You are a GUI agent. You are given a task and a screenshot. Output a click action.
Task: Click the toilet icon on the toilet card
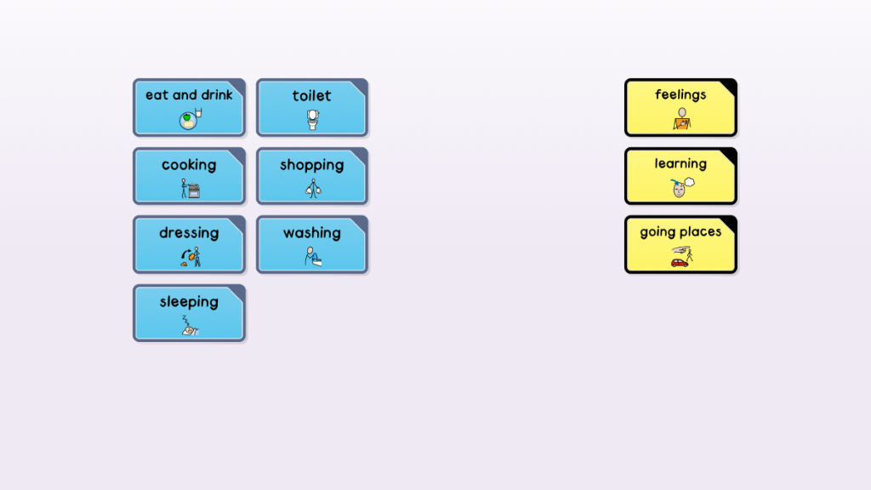click(x=313, y=119)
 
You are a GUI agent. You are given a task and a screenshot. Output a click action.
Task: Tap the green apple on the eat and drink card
click(x=187, y=117)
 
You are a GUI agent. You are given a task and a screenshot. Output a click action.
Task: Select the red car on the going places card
click(x=680, y=262)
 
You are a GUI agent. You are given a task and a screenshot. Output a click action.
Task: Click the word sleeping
click(x=189, y=302)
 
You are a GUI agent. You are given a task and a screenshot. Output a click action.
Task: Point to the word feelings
click(x=680, y=94)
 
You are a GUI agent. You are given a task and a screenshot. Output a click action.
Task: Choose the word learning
click(x=680, y=163)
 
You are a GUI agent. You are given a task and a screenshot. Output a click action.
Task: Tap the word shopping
click(x=312, y=165)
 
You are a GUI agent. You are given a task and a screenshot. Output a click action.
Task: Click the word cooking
click(x=189, y=165)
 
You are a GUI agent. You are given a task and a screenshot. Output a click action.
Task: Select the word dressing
click(x=189, y=233)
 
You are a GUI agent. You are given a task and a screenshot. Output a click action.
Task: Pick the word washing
click(x=312, y=233)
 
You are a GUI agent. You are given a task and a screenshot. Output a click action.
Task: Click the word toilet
click(x=311, y=95)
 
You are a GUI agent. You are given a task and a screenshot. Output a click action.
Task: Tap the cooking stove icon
click(x=193, y=191)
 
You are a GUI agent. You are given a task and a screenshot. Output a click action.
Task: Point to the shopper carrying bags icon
click(x=313, y=188)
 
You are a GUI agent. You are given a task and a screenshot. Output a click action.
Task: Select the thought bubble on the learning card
click(x=689, y=182)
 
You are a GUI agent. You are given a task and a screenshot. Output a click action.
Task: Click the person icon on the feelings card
click(x=681, y=119)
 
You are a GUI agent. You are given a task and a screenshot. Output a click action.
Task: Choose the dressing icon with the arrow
click(x=191, y=257)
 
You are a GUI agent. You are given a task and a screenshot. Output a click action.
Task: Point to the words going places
click(x=680, y=231)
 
